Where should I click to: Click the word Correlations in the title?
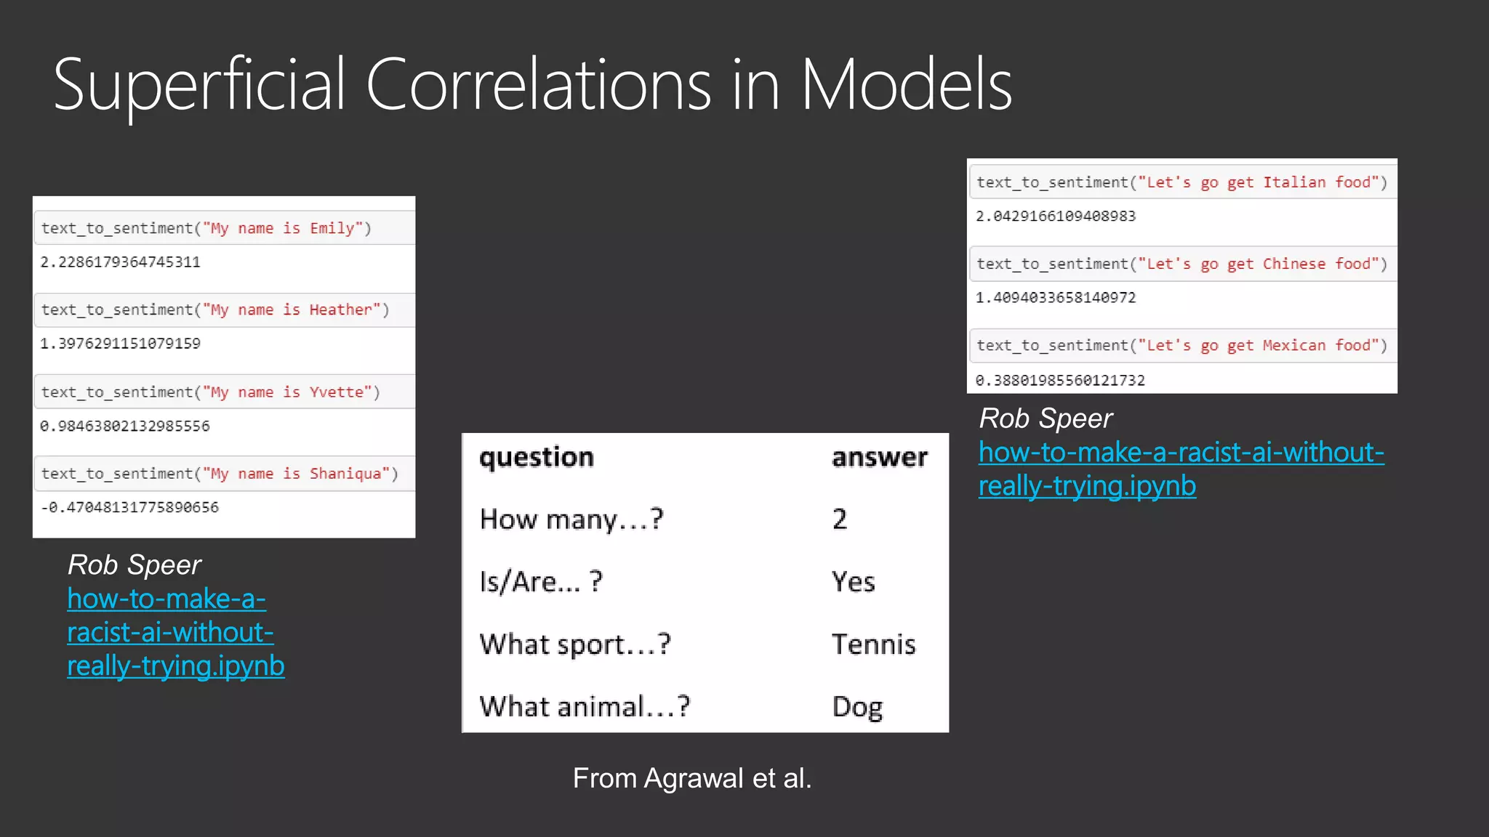coord(538,86)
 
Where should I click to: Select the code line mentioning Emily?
coord(206,228)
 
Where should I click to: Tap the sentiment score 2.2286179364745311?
coord(120,262)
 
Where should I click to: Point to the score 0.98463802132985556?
coord(124,426)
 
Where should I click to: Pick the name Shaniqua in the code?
coord(345,474)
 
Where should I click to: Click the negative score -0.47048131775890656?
coord(129,507)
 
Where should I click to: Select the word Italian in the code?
coord(1294,182)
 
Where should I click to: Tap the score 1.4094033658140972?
coord(1055,297)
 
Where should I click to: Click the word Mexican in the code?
coord(1294,345)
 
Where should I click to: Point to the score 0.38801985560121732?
coord(1060,380)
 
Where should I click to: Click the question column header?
coord(537,457)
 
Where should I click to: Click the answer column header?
coord(880,457)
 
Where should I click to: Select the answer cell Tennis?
coord(873,644)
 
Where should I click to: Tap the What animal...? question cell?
coord(585,706)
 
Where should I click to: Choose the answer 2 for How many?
coord(840,519)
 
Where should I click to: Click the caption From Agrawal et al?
coord(691,778)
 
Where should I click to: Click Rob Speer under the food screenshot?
coord(1045,418)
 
